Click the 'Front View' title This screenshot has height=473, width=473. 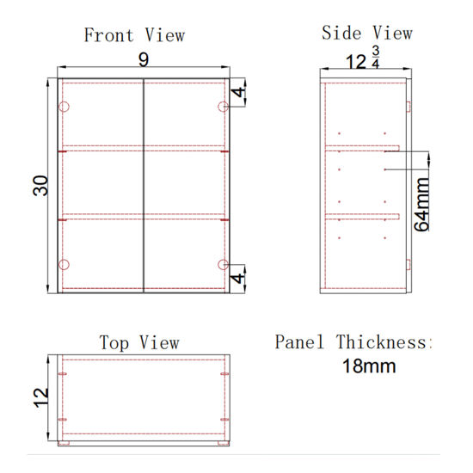(x=134, y=35)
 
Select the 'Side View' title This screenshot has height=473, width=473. (x=367, y=34)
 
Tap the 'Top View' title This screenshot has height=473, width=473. (x=138, y=342)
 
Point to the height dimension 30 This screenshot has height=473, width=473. (x=40, y=186)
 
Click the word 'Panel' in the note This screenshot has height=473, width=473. (x=302, y=342)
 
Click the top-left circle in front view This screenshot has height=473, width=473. (x=63, y=107)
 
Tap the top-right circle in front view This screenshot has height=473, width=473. (x=223, y=107)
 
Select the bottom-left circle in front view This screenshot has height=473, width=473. (x=63, y=263)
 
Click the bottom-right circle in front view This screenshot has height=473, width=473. (x=223, y=263)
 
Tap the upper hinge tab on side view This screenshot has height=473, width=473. (x=408, y=107)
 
